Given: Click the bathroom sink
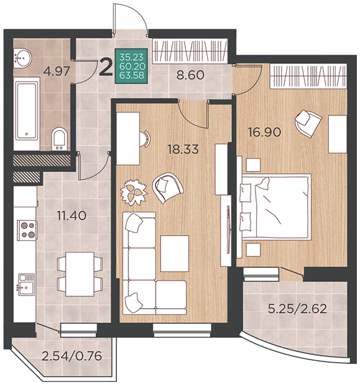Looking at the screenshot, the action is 22,58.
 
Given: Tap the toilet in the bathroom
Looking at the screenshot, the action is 59,138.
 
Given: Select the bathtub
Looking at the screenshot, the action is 27,113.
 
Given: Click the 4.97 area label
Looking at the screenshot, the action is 57,71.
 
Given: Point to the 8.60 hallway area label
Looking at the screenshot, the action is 191,75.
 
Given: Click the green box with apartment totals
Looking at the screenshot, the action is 132,66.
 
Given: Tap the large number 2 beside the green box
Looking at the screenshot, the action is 106,67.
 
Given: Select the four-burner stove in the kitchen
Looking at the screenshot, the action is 27,230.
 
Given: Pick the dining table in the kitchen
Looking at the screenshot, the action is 80,274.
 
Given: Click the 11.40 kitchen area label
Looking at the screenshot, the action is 72,216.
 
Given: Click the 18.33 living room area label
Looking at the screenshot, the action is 183,149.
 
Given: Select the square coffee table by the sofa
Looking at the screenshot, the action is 175,253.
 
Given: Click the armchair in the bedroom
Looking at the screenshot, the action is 308,123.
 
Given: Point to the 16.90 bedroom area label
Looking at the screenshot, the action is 264,133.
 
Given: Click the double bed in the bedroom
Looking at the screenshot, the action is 275,206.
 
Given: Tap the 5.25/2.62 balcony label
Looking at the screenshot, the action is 297,309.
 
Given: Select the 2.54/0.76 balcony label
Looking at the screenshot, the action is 72,356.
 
